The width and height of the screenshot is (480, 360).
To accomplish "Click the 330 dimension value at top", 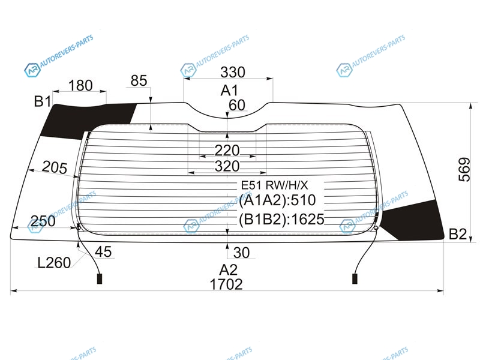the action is coord(233,72).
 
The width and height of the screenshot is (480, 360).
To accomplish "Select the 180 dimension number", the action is coord(80,85).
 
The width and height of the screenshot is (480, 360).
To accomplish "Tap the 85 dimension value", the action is coord(139,81).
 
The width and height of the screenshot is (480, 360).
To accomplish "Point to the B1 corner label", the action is coord(43,101).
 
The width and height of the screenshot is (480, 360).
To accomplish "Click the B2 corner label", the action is coord(458,234).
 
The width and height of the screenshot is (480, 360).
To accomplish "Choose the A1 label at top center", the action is coord(229,91).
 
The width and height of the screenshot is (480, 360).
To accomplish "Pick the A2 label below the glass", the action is coord(229,270).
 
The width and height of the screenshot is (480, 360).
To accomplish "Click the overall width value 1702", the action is coord(226,284).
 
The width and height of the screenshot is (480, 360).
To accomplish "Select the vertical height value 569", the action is coord(464,170).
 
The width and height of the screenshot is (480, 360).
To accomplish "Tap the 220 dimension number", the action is coord(227,151).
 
